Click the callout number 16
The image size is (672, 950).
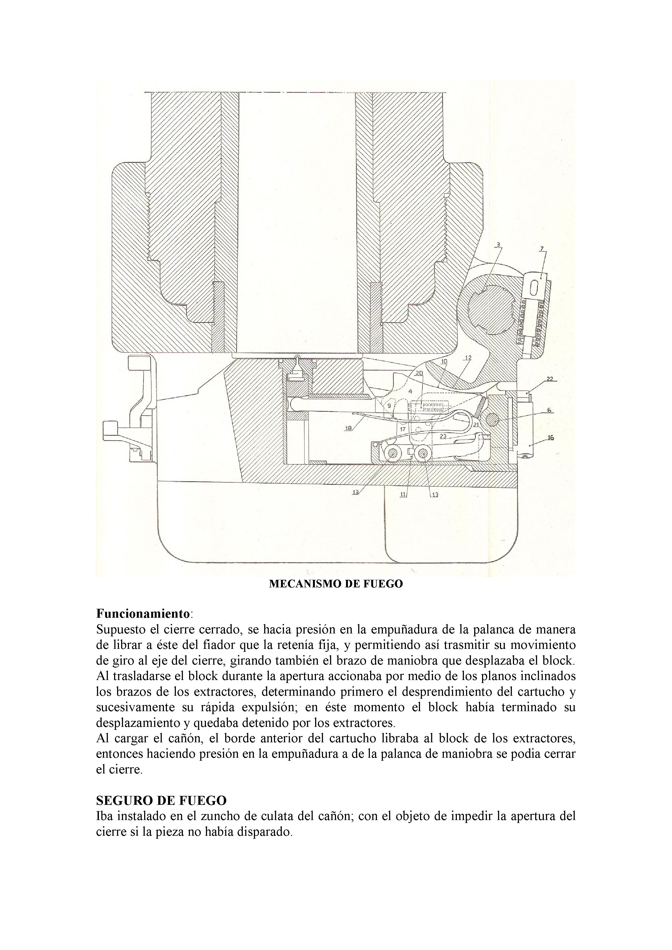tap(550, 437)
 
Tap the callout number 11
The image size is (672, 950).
tap(403, 494)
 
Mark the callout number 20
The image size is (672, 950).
tap(419, 373)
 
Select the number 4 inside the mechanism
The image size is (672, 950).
tap(410, 391)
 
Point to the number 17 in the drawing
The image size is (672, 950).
tap(402, 430)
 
